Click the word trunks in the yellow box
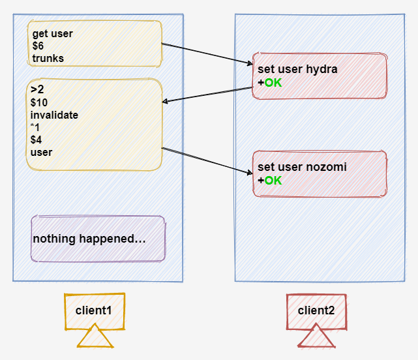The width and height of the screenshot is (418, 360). (x=48, y=59)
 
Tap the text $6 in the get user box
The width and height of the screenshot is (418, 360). (x=38, y=46)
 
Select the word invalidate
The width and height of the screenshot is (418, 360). (x=54, y=115)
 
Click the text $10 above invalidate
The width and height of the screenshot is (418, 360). (x=39, y=102)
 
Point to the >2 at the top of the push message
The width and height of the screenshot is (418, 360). (x=37, y=89)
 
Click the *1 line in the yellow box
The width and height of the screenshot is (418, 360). (x=35, y=127)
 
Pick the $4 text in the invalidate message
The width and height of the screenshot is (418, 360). (x=37, y=140)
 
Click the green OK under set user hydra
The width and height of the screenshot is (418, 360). (x=273, y=83)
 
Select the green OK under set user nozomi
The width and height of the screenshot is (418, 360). (x=273, y=181)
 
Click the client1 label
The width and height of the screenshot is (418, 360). (x=94, y=310)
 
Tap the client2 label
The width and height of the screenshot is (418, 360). (x=316, y=310)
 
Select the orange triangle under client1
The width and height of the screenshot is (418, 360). (x=95, y=338)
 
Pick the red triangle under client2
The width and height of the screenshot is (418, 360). (x=316, y=338)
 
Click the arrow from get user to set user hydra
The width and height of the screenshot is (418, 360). (x=206, y=54)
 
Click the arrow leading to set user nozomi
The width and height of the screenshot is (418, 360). (x=206, y=161)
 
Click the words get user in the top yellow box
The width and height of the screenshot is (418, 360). (x=53, y=34)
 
